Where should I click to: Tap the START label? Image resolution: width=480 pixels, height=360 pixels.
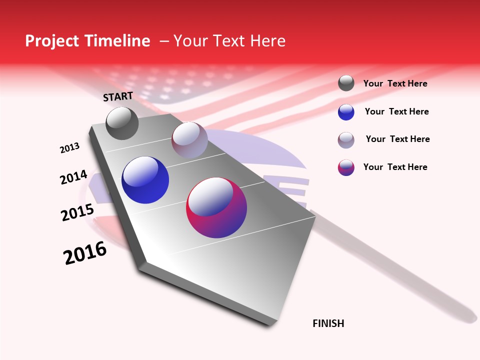[x=118, y=96]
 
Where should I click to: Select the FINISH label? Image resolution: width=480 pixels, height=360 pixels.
[x=328, y=323]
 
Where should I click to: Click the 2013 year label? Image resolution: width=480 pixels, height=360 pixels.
[x=69, y=148]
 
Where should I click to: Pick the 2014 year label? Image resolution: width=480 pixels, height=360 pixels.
[x=73, y=177]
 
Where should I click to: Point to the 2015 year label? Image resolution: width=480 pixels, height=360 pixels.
[x=77, y=212]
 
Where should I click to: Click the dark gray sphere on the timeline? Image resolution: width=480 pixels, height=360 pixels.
[x=122, y=123]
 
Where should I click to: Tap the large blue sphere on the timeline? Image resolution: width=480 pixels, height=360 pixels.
[x=145, y=180]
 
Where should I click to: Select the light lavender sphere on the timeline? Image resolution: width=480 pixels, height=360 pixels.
[x=189, y=140]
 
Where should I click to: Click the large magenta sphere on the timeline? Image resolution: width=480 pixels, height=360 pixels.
[x=216, y=207]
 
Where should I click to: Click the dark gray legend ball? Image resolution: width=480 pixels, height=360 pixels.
[x=346, y=83]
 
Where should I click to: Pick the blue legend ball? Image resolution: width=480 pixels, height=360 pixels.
[x=346, y=112]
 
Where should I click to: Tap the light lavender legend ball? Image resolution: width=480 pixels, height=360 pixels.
[x=346, y=140]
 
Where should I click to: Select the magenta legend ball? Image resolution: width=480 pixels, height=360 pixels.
[x=346, y=167]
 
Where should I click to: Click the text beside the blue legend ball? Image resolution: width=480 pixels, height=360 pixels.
[x=396, y=111]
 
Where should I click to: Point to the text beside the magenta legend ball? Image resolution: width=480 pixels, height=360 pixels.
[x=395, y=167]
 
